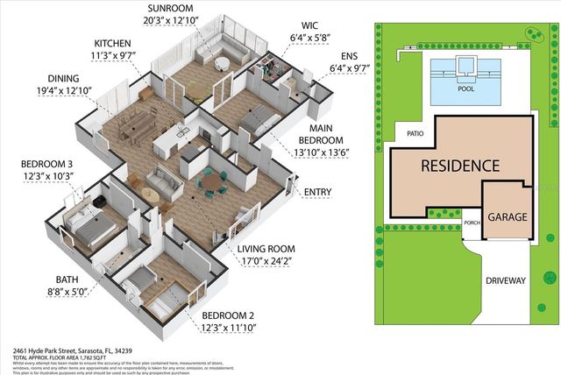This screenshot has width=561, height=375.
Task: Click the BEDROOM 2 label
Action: [232, 315]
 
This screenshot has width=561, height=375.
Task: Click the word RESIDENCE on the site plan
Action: [460, 165]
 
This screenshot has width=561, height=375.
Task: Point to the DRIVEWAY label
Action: [506, 281]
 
